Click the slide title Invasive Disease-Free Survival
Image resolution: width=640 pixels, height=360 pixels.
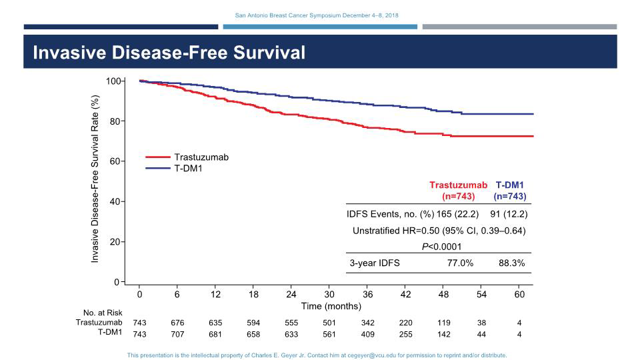169,53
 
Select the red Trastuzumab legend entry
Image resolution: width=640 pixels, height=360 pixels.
201,157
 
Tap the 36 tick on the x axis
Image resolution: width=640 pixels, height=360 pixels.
368,294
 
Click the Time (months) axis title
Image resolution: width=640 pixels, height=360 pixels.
331,306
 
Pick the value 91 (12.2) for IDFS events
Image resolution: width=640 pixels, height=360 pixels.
509,214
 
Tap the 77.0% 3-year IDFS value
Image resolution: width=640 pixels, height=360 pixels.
460,263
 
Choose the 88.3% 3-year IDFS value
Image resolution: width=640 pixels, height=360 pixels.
511,263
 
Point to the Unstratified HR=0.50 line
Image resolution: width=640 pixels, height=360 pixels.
439,231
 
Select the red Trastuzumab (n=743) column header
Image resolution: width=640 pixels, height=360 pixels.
459,191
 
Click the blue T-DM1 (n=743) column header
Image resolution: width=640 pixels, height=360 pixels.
510,191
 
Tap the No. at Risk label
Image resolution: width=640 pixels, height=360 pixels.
104,313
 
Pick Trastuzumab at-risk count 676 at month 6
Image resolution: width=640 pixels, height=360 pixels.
178,323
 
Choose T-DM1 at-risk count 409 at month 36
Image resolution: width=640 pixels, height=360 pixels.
368,334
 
